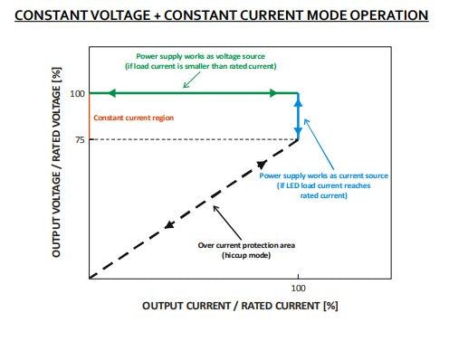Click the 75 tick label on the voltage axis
point(80,140)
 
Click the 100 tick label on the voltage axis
point(77,94)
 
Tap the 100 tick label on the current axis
point(298,289)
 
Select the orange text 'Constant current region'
point(133,118)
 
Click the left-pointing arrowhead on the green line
point(111,93)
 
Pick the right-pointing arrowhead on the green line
point(272,93)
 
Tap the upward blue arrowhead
point(298,103)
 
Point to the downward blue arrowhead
point(298,132)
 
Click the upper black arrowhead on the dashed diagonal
point(262,165)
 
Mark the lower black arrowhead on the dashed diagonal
point(169,225)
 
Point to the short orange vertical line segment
point(90,117)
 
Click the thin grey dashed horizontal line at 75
point(194,139)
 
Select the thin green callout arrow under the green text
point(192,80)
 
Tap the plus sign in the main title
point(158,16)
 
